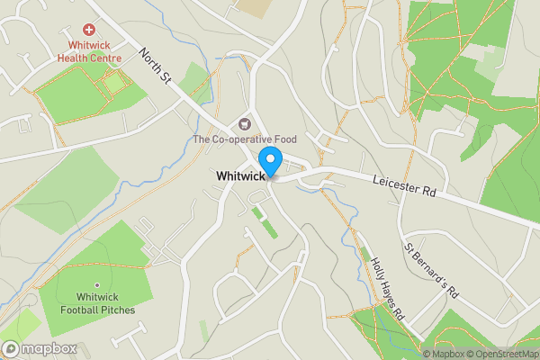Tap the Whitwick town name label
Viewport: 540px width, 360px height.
(x=240, y=176)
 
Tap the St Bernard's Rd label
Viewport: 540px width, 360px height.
(x=432, y=269)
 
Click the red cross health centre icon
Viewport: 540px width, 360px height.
(x=89, y=30)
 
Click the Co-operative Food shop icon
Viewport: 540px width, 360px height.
(x=243, y=123)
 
